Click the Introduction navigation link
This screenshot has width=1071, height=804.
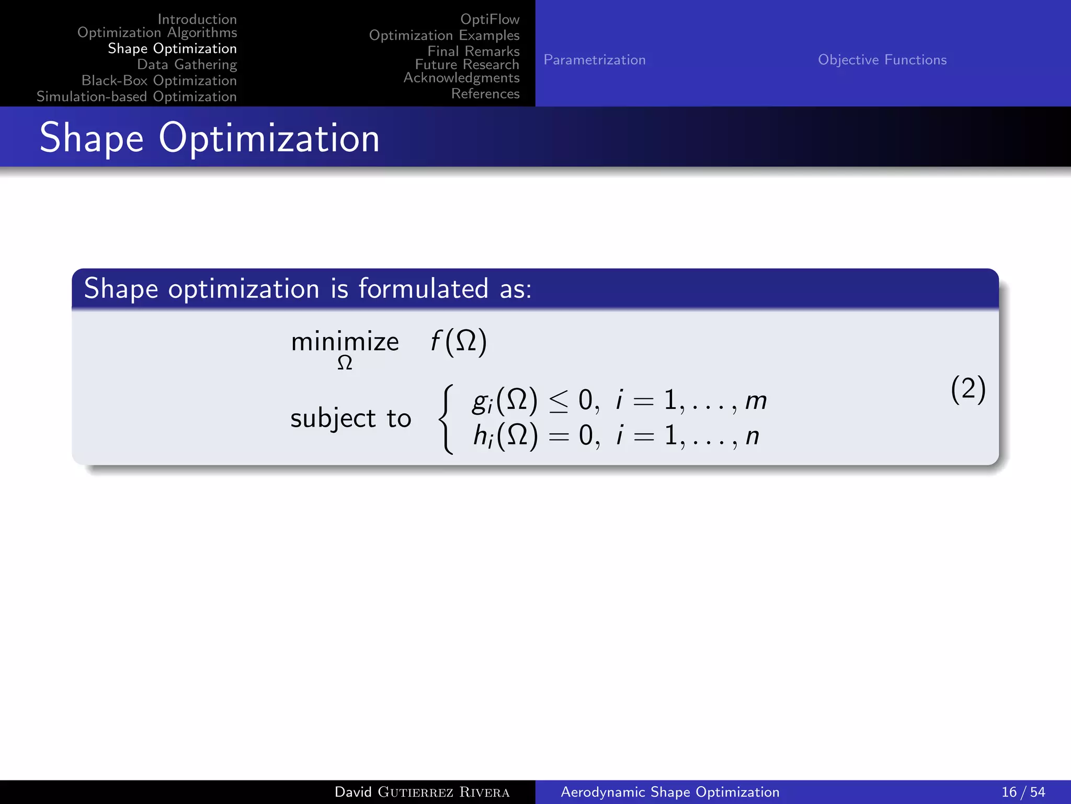coord(197,19)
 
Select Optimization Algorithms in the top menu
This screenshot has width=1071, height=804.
coord(157,32)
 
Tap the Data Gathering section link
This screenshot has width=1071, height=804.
coord(187,64)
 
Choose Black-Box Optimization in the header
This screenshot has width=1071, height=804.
coord(159,81)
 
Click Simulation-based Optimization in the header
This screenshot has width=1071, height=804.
coord(136,97)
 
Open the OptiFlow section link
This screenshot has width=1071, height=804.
coord(489,19)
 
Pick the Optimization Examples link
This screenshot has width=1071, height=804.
coord(444,36)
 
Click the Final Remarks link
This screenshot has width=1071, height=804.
coord(473,51)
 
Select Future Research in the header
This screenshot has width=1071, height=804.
coord(467,64)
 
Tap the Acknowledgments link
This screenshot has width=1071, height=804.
coord(461,78)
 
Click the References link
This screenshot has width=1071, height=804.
coord(485,94)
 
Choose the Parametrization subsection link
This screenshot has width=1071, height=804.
coord(595,60)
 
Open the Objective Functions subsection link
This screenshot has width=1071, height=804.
coord(882,60)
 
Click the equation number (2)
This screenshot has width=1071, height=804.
coord(968,389)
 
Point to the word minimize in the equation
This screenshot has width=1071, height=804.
coord(345,342)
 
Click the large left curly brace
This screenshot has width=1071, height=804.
coord(446,419)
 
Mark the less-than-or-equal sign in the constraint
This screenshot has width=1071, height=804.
coord(559,402)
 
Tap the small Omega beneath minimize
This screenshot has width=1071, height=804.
coord(345,363)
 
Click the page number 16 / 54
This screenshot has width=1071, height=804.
coord(1023,792)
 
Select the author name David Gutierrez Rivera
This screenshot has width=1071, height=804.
coord(421,792)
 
